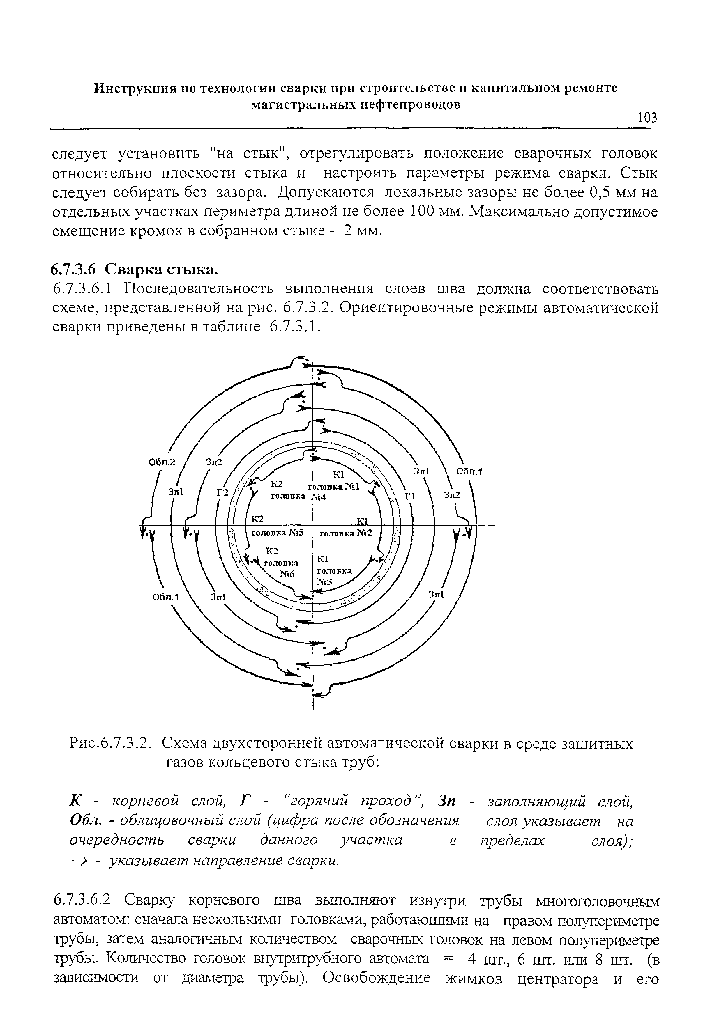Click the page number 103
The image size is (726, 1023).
(647, 118)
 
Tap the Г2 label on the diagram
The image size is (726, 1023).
(222, 492)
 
